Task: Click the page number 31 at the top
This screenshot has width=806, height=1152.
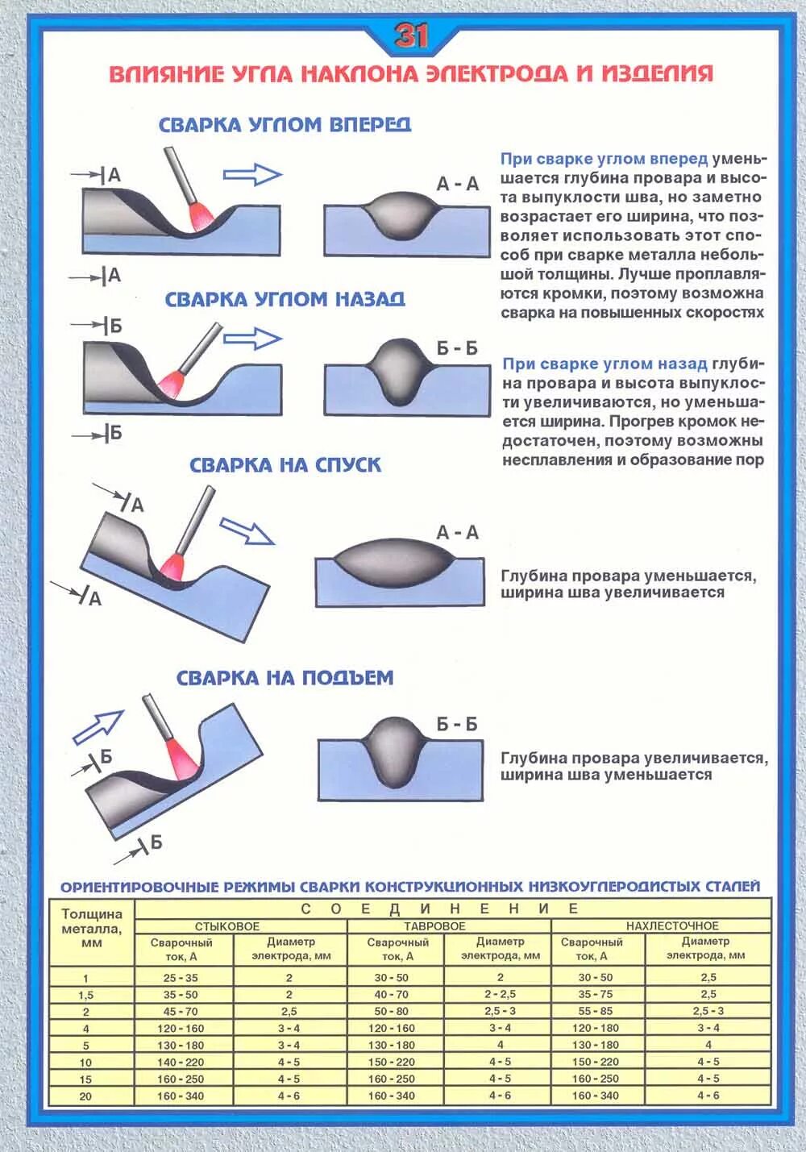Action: [x=411, y=35]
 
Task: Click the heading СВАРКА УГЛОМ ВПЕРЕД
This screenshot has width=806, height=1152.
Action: [x=285, y=125]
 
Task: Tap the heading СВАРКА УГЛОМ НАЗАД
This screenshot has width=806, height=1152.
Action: [x=285, y=300]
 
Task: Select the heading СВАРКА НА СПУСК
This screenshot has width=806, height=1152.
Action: [x=285, y=465]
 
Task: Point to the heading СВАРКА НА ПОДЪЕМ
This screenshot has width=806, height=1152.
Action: [x=285, y=678]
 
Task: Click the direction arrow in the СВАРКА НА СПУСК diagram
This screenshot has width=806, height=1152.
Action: [x=247, y=531]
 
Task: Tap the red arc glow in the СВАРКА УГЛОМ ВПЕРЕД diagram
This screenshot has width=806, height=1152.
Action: [x=198, y=215]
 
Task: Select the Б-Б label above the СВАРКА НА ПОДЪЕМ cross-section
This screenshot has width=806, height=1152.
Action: [x=457, y=724]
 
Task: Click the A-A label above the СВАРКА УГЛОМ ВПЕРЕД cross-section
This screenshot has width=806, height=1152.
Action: [x=457, y=184]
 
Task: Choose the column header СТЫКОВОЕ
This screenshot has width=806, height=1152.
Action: [x=227, y=926]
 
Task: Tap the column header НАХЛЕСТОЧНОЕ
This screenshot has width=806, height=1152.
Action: [x=672, y=926]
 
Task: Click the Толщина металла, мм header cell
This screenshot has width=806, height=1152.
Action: [x=92, y=928]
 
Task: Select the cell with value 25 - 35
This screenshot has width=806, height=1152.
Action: [x=181, y=978]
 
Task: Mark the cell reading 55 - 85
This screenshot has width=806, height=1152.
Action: [x=596, y=1011]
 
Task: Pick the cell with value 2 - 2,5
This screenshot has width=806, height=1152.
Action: [x=500, y=994]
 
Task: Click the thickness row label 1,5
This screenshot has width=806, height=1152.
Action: [x=86, y=995]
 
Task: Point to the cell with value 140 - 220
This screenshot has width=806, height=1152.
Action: [x=181, y=1063]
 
